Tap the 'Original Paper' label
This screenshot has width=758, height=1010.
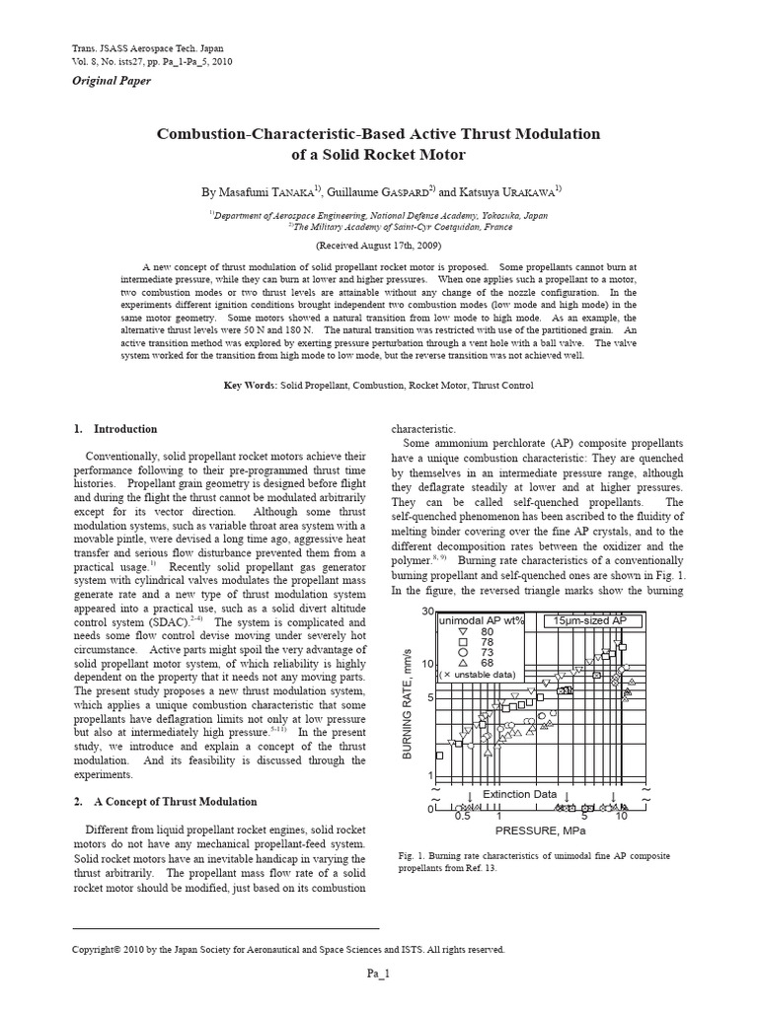coord(113,81)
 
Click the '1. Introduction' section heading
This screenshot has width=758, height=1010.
coord(115,429)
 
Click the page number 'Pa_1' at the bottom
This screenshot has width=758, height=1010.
coord(379,974)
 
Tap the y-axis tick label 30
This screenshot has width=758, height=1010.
coord(427,612)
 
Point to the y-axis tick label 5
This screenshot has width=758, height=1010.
coord(430,697)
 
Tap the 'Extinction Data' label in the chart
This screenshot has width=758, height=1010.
coord(519,794)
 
